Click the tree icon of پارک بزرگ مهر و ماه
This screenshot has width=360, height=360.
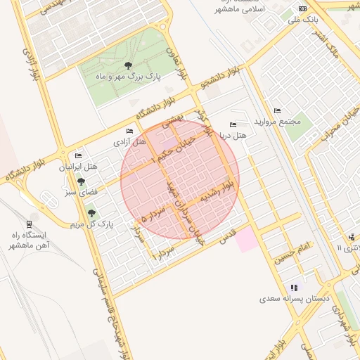pos(127,65)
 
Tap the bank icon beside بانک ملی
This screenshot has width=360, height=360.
pos(302,8)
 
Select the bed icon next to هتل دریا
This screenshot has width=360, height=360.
pos(233,124)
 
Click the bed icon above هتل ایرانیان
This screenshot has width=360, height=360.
pos(78,156)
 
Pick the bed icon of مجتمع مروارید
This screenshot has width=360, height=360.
pos(277,110)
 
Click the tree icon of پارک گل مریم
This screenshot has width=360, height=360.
pos(91,213)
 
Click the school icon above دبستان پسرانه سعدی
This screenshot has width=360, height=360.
pos(294,287)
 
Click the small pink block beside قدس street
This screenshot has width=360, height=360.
pos(246,240)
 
